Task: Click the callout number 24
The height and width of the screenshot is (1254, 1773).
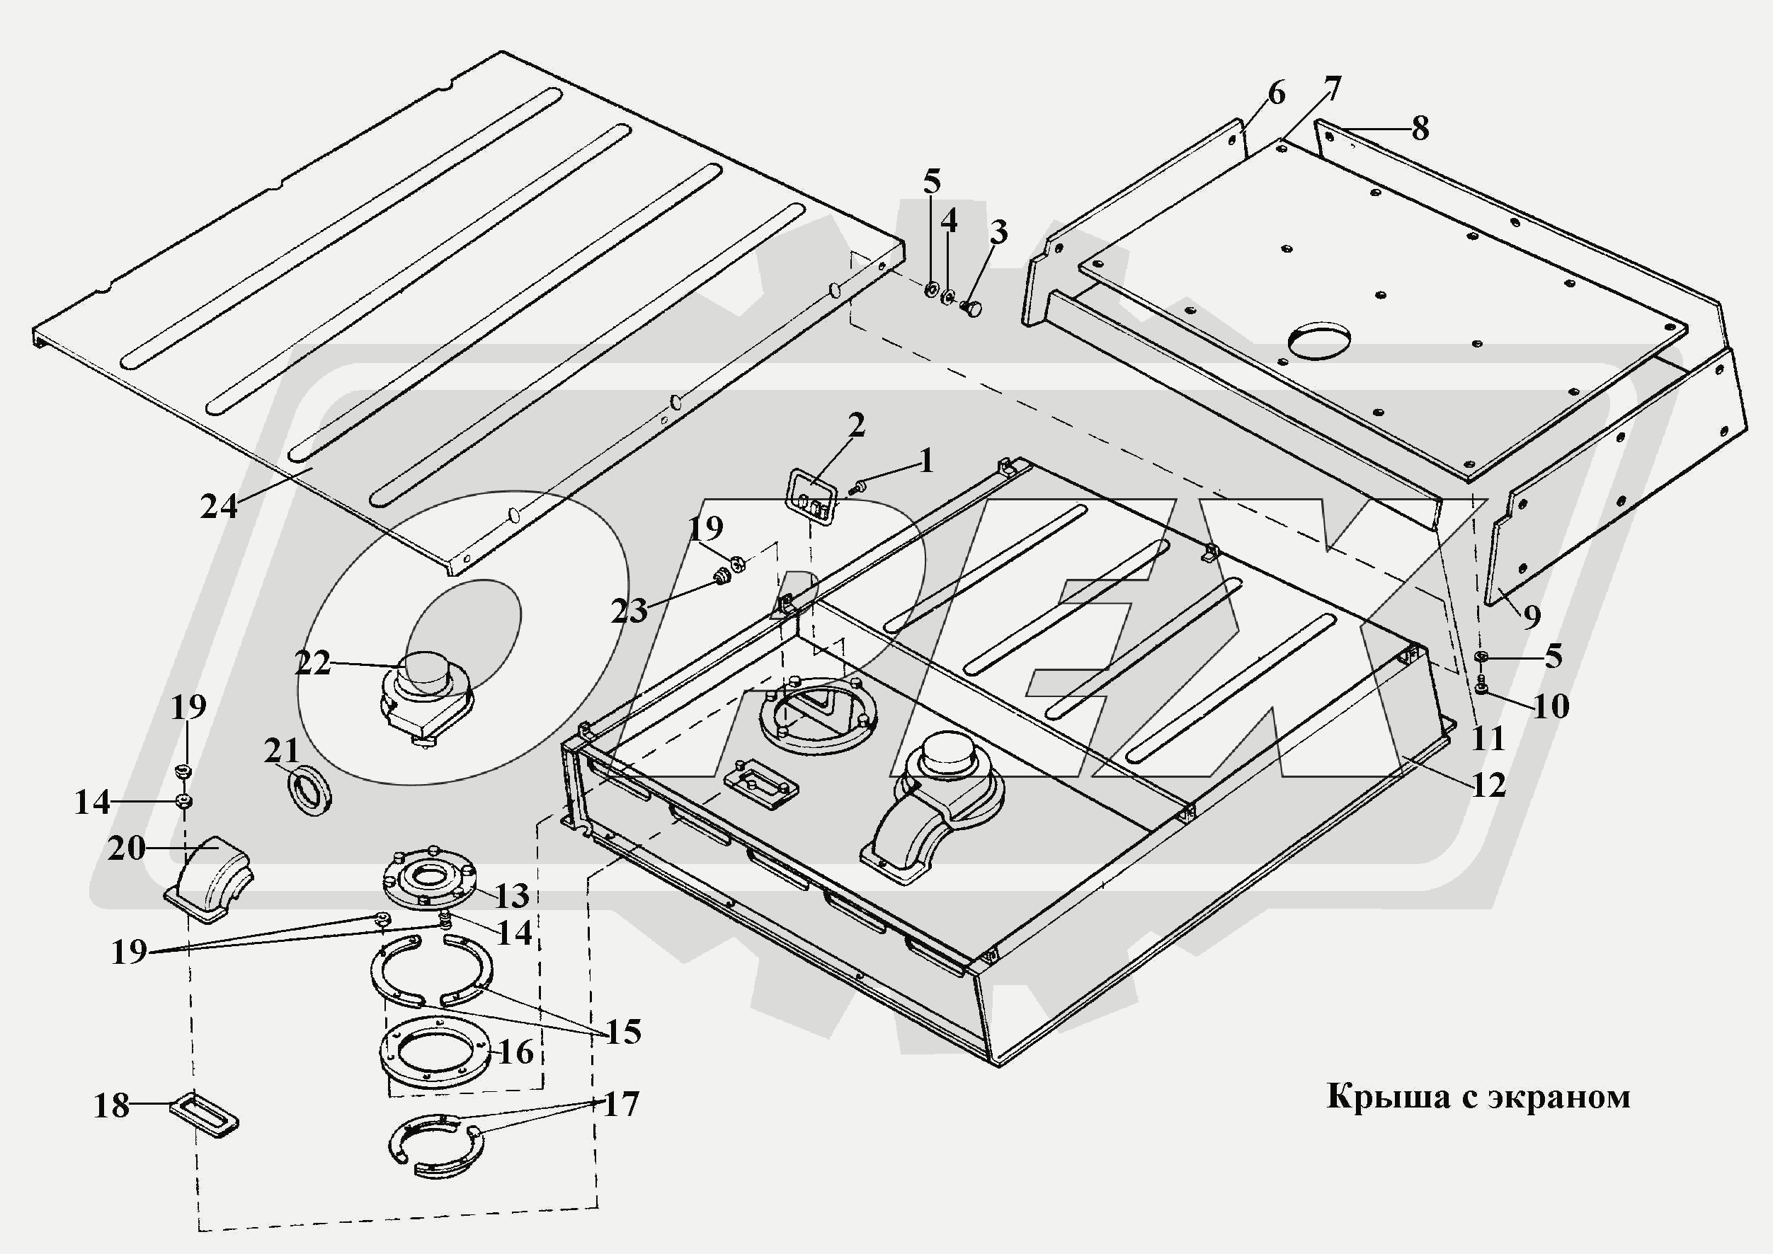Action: (219, 507)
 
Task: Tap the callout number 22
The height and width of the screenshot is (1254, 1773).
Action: (313, 663)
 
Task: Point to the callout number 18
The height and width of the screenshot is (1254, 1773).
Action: (111, 1106)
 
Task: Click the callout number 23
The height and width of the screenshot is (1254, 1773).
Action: (629, 611)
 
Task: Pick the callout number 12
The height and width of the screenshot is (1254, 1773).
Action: (1488, 786)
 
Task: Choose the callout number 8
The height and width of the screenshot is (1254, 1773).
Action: (1420, 128)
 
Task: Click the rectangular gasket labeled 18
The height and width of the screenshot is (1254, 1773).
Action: (204, 1115)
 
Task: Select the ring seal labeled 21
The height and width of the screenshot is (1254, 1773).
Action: (309, 789)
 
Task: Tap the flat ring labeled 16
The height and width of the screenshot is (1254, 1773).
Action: (435, 1052)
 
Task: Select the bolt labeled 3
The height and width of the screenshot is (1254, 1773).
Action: (971, 310)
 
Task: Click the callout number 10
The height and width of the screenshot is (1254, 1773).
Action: (1551, 706)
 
